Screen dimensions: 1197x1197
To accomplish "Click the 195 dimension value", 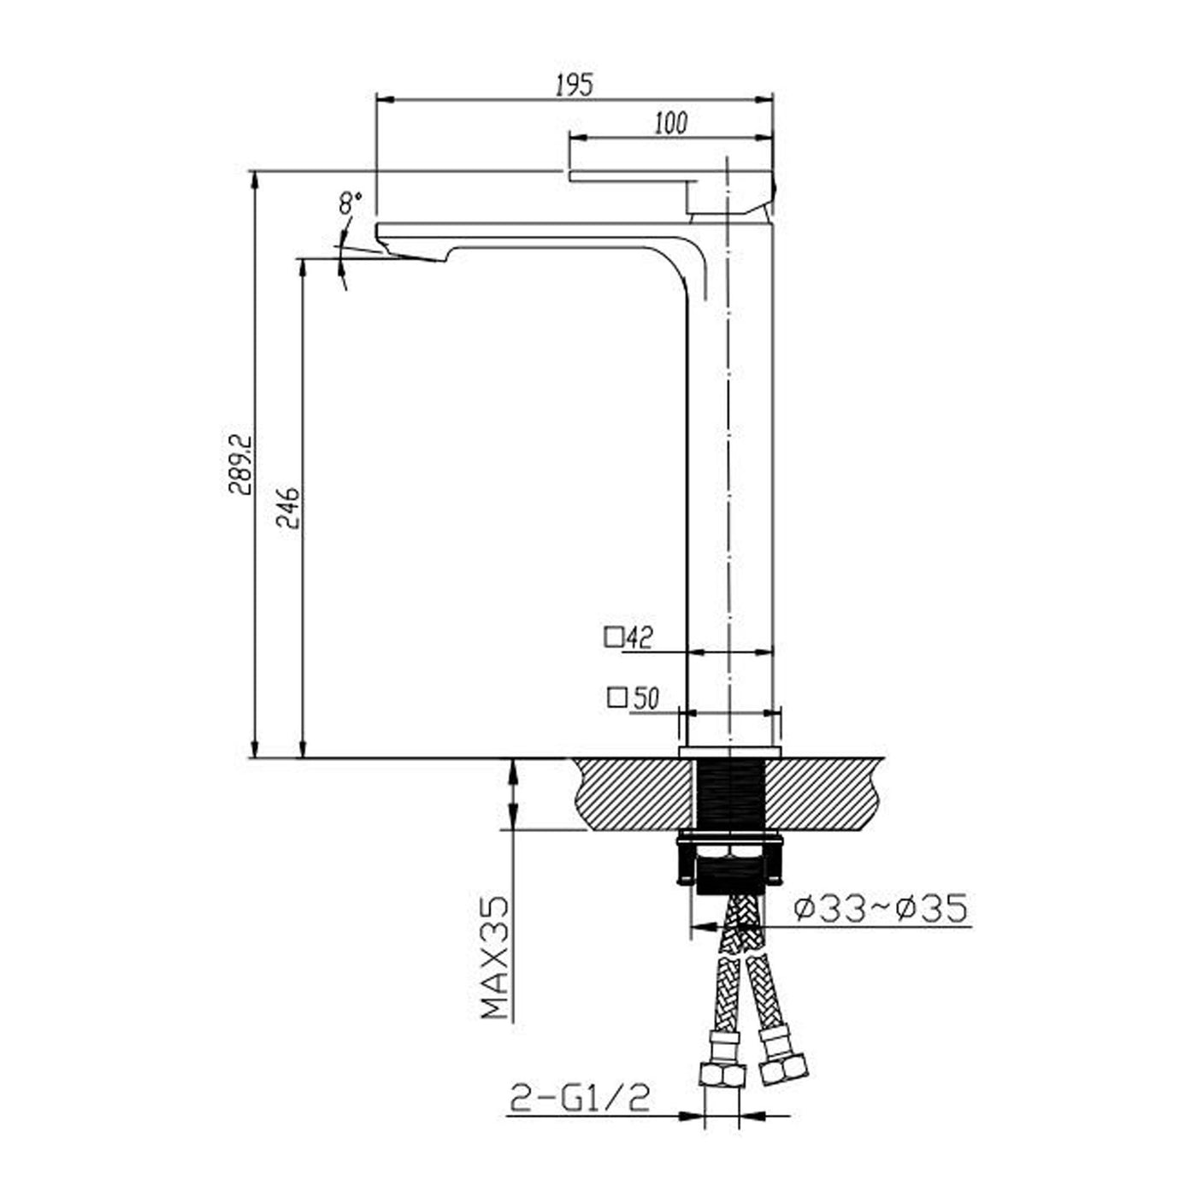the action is coord(575,85).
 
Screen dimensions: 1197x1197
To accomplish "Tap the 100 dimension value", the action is coord(671,124).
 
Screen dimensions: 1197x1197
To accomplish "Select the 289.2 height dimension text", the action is coord(239,464).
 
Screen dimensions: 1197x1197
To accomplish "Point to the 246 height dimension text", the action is coord(288,508).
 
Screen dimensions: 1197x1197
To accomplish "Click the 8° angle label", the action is coord(350,203).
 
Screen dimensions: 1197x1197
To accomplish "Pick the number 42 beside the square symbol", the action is coord(640,638).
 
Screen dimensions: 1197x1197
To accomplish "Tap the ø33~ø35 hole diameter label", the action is coord(881,909).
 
